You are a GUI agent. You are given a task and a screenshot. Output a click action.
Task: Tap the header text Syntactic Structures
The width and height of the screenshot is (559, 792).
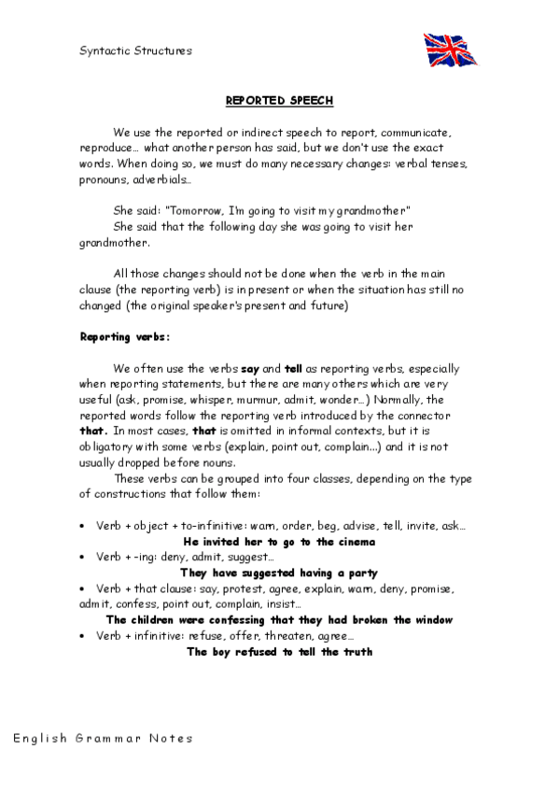point(134,50)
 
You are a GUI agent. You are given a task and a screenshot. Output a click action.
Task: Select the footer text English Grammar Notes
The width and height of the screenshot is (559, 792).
point(103,738)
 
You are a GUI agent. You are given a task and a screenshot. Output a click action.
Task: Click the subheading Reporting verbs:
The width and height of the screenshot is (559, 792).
point(124,334)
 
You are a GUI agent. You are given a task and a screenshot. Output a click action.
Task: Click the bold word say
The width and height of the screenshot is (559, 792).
point(250,369)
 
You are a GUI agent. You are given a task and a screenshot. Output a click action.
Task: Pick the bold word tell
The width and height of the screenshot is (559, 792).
point(295,369)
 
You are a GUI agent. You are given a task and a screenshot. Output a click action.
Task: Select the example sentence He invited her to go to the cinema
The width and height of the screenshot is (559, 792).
point(279,541)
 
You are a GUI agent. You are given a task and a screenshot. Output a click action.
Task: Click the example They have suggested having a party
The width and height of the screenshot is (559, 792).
point(279,573)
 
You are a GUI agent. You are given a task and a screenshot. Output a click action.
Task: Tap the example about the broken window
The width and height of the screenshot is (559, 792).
point(279,619)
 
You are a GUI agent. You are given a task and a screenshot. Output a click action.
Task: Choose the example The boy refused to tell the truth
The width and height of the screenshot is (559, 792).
point(279,651)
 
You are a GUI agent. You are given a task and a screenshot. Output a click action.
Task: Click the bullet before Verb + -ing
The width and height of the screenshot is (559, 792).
point(84,558)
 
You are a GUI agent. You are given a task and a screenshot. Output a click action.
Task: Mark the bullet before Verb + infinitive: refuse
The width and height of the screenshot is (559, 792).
point(84,636)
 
